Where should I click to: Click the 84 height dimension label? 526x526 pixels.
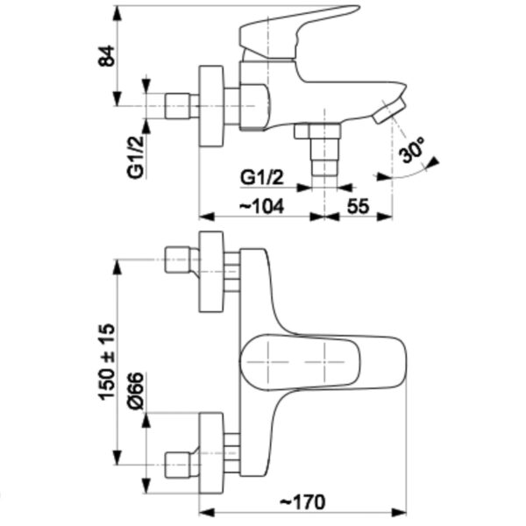coord(107,55)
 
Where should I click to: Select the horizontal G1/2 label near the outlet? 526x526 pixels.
coord(263,177)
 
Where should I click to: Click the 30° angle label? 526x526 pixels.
coord(411,151)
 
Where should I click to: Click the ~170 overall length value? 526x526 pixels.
coord(302,501)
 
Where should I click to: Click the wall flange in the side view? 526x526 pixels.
coord(212,106)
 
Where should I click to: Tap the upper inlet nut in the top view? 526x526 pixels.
coord(178,260)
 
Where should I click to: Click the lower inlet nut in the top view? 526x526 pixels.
coord(178,462)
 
